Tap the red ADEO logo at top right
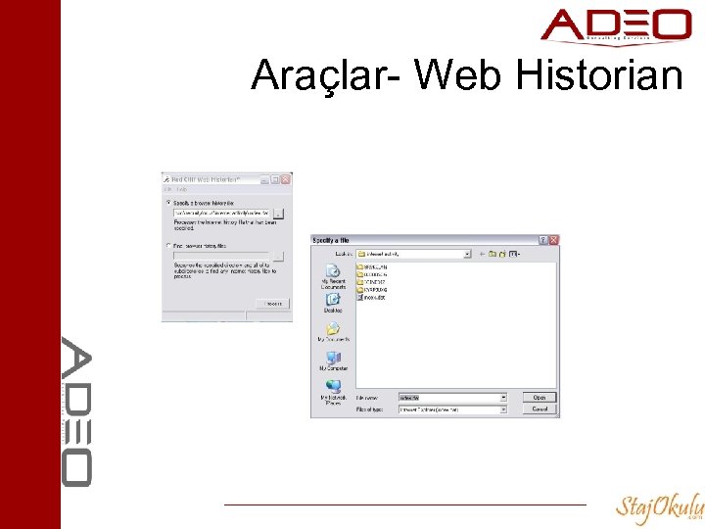616,26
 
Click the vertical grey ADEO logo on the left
77,411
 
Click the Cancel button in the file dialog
540,409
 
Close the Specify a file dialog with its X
554,239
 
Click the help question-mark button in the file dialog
543,239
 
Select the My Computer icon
333,359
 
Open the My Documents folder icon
333,331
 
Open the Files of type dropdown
503,409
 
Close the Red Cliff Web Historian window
286,180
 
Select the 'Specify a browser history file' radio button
167,202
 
